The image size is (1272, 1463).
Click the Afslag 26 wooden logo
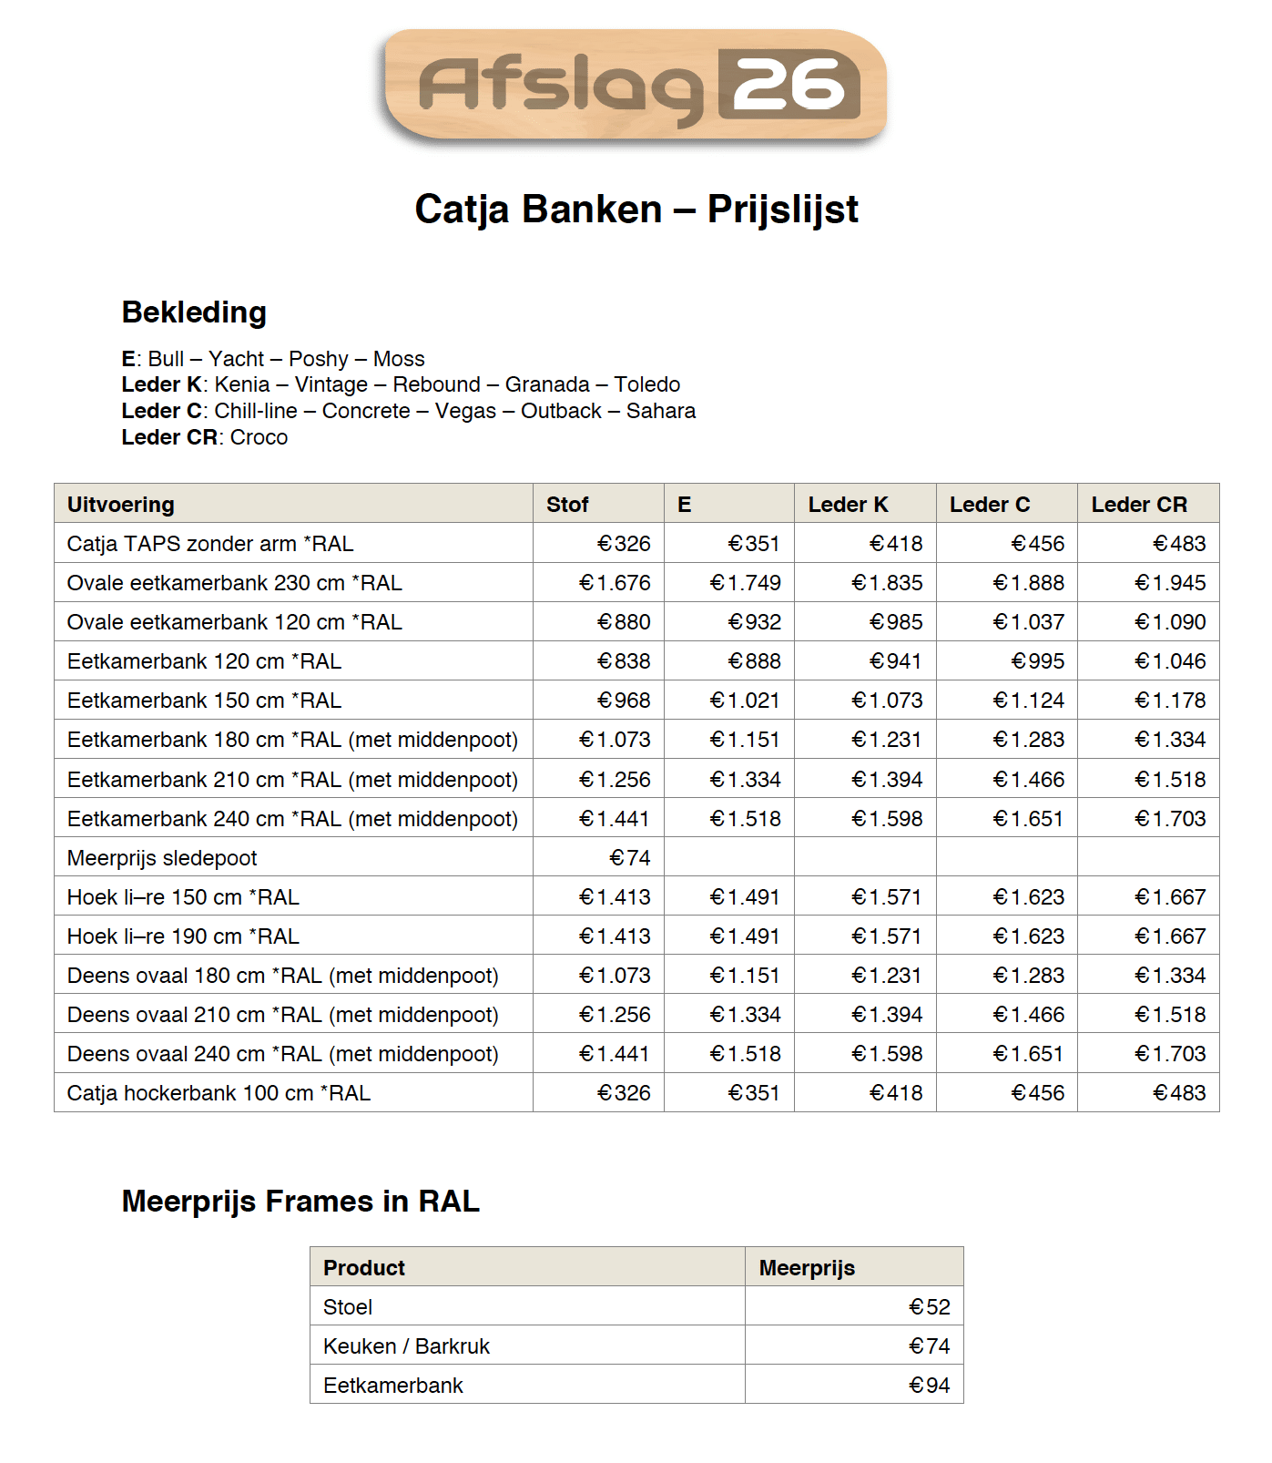click(x=635, y=86)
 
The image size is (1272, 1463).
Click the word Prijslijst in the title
click(x=782, y=210)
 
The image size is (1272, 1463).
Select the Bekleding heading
click(x=194, y=312)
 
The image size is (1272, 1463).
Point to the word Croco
click(x=259, y=437)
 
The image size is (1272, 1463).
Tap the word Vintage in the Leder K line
click(x=331, y=384)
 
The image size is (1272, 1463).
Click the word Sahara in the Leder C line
click(x=660, y=411)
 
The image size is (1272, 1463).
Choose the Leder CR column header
click(x=1138, y=505)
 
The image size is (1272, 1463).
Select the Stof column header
click(x=567, y=505)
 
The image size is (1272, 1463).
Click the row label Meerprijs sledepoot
click(x=162, y=858)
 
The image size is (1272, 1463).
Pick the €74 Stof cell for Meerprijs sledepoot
click(x=630, y=858)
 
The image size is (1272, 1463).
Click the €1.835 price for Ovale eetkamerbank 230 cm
click(x=887, y=583)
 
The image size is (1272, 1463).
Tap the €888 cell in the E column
click(x=754, y=661)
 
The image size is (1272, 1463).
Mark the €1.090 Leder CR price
click(x=1170, y=622)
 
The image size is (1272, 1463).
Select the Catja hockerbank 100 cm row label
click(x=219, y=1093)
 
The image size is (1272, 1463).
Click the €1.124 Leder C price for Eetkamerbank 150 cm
click(x=1029, y=701)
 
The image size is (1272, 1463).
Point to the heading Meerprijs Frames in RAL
click(x=300, y=1202)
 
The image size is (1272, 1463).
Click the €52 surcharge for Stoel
click(x=929, y=1307)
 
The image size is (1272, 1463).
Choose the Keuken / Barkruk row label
click(x=406, y=1346)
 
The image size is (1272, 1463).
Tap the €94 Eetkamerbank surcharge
click(x=929, y=1386)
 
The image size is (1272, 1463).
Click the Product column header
click(x=364, y=1268)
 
